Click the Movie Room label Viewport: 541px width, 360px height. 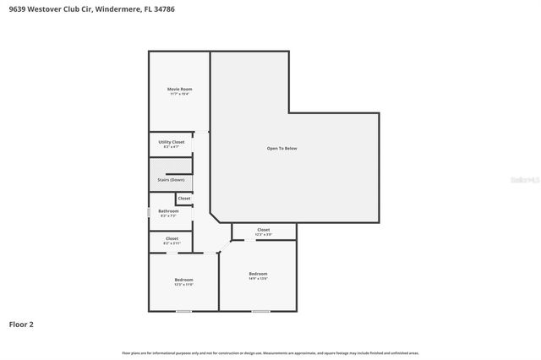(x=179, y=89)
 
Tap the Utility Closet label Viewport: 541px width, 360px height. (x=172, y=142)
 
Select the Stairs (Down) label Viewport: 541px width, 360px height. (x=171, y=179)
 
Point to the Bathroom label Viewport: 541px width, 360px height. (x=168, y=210)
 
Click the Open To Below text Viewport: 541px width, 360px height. (x=281, y=148)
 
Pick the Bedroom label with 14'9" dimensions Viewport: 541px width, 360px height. (x=258, y=274)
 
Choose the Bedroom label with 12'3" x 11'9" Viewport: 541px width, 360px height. (x=183, y=280)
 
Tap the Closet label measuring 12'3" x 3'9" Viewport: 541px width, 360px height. (x=264, y=230)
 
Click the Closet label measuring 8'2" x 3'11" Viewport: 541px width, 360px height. (x=172, y=238)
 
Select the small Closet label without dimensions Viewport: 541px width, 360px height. (x=183, y=198)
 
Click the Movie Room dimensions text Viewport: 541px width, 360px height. (x=179, y=94)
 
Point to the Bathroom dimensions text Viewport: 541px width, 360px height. (x=168, y=215)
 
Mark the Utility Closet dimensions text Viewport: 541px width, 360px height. (x=172, y=147)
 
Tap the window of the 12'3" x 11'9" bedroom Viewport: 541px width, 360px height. (x=183, y=311)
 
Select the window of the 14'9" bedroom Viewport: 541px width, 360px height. (x=260, y=311)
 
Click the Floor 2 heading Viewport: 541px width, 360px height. (x=21, y=324)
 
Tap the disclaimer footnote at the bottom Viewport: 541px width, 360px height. (x=270, y=352)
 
